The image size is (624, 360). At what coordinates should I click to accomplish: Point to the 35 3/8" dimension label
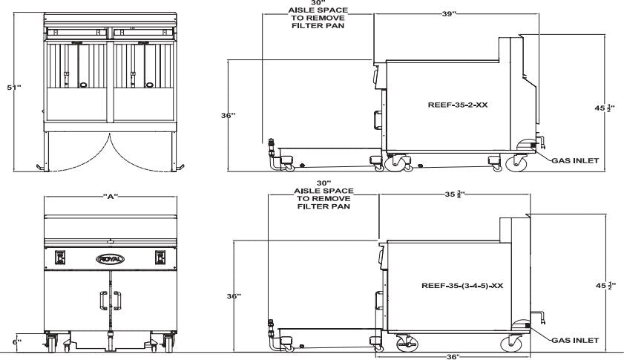[454, 197]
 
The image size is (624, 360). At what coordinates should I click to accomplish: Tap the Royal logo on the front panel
[109, 258]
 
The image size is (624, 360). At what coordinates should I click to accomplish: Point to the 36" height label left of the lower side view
[232, 296]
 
